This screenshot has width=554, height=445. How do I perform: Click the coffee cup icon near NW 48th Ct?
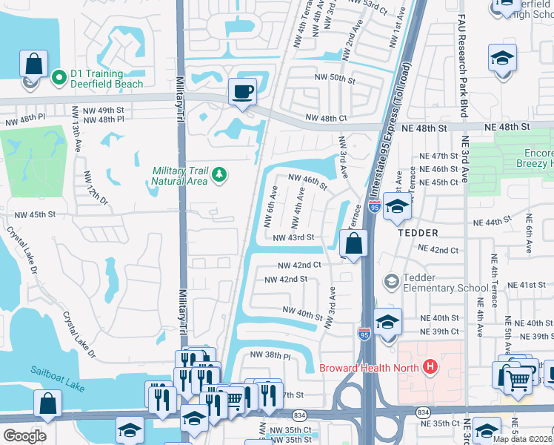pos(242,93)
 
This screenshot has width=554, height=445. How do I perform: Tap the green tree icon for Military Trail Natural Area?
pos(218,174)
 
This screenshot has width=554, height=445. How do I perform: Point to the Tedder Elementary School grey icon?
pos(391,282)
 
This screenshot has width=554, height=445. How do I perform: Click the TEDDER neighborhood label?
pos(418,232)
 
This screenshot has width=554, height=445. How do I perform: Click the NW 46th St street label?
pos(307,182)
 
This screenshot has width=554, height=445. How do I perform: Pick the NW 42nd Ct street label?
pos(299,265)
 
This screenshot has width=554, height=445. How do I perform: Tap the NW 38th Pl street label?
pos(270,355)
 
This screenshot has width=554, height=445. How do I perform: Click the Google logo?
pos(24,436)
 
